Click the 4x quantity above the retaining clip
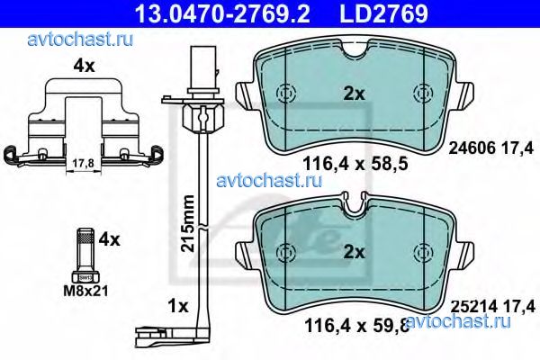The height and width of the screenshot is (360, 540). tap(83, 66)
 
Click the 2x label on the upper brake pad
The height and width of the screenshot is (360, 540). tap(353, 91)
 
